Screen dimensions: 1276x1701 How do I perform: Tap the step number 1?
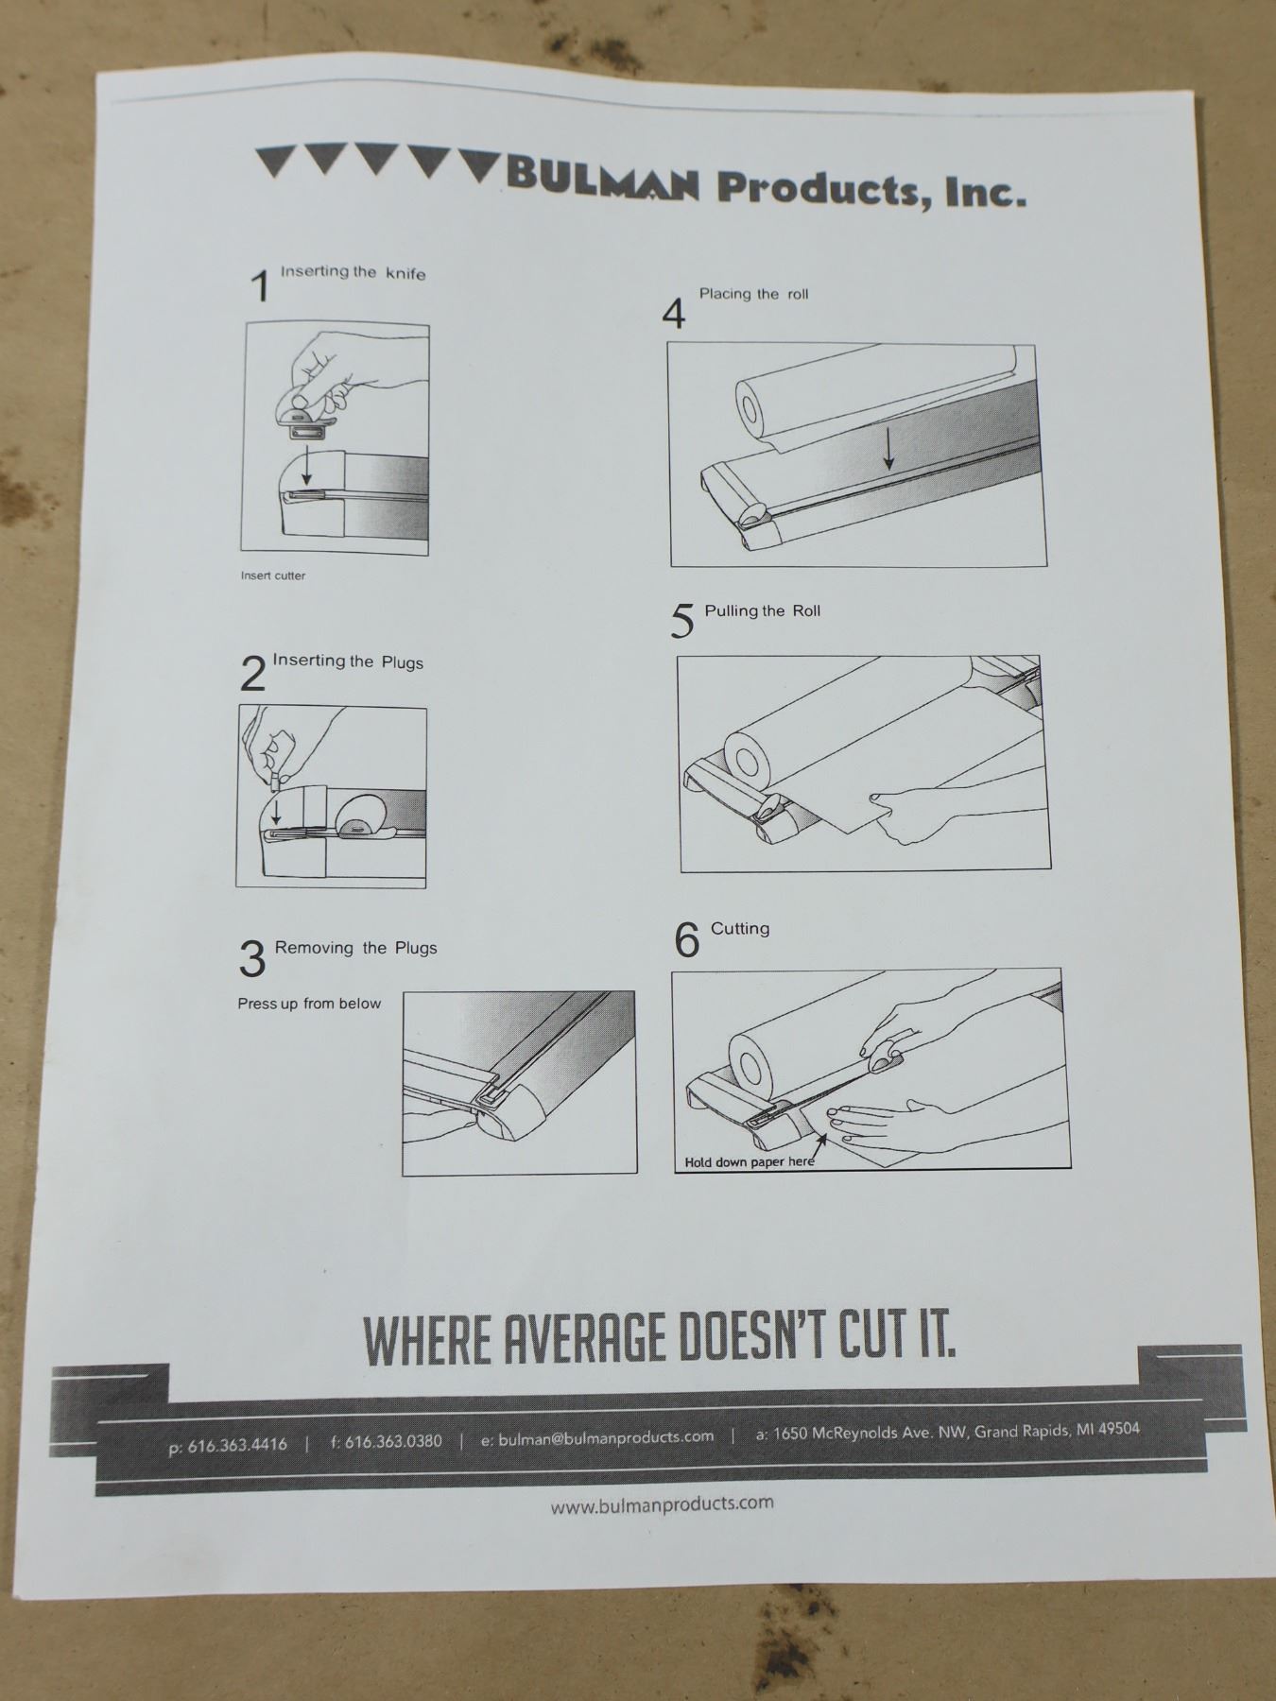pyautogui.click(x=260, y=285)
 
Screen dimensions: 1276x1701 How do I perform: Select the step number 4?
pyautogui.click(x=673, y=314)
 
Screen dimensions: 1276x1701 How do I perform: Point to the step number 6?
pyautogui.click(x=686, y=939)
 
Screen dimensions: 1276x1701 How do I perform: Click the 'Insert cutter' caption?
pyautogui.click(x=273, y=576)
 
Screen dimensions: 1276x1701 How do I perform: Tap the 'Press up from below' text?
pyautogui.click(x=309, y=1004)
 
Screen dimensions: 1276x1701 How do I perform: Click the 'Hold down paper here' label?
pyautogui.click(x=749, y=1161)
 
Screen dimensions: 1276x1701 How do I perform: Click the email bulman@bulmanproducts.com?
pyautogui.click(x=606, y=1437)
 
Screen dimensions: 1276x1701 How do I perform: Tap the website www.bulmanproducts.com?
pyautogui.click(x=662, y=1503)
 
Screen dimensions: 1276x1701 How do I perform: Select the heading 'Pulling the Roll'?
pyautogui.click(x=762, y=610)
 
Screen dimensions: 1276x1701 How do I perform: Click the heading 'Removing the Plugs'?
pyautogui.click(x=355, y=948)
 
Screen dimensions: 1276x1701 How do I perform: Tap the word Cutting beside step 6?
pyautogui.click(x=740, y=929)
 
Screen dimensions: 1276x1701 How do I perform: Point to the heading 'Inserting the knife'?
pyautogui.click(x=353, y=272)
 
